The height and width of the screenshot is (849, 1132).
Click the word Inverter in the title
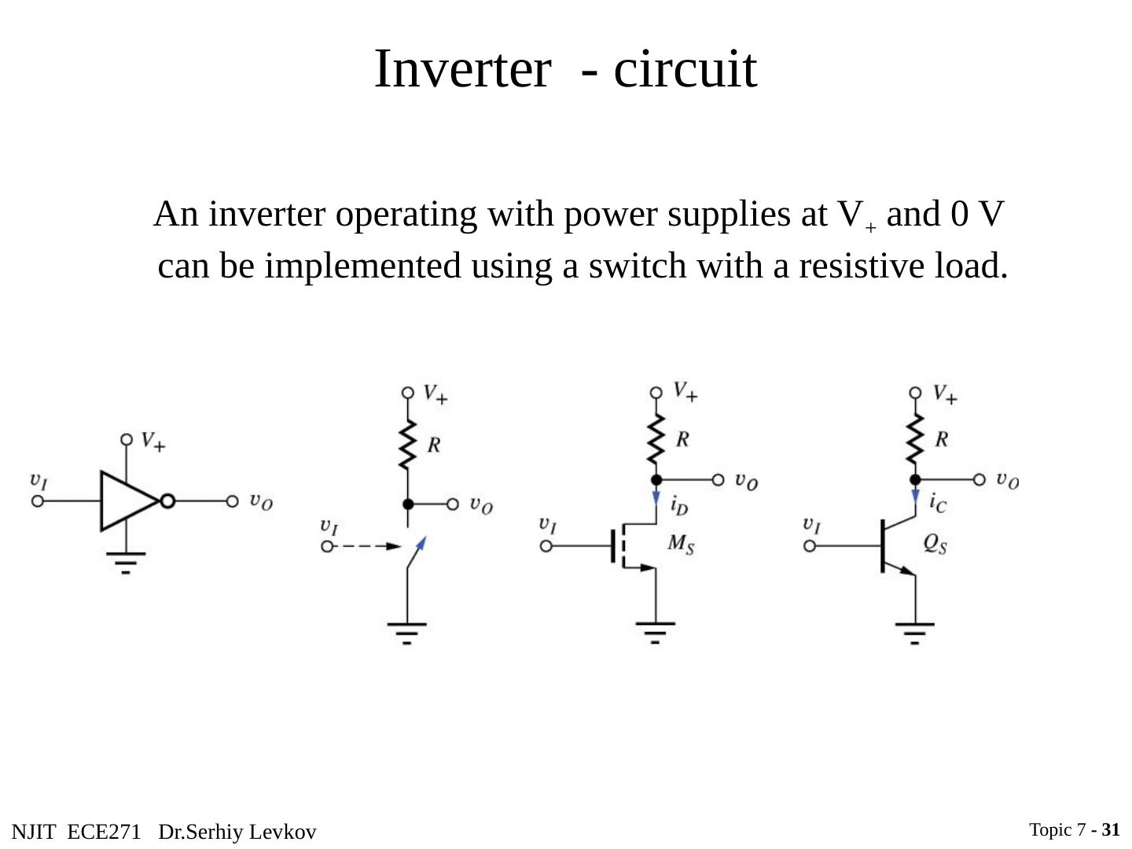[x=462, y=69]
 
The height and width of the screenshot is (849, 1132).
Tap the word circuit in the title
[x=685, y=69]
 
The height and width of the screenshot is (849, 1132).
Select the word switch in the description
[x=638, y=266]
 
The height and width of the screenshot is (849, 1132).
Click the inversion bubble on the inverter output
[x=167, y=501]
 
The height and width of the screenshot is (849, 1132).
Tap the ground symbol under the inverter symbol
[x=126, y=562]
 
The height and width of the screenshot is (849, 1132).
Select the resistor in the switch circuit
[x=407, y=444]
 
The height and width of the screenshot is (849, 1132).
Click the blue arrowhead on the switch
[x=421, y=543]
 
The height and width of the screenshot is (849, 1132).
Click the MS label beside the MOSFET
[x=681, y=544]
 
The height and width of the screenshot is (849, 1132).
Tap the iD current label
[x=679, y=505]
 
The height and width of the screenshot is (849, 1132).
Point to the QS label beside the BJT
[x=935, y=543]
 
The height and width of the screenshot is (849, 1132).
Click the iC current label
[x=938, y=502]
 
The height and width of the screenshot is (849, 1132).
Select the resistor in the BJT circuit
[x=915, y=439]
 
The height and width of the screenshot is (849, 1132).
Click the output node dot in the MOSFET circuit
[x=656, y=480]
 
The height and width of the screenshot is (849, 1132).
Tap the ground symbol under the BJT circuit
[x=915, y=634]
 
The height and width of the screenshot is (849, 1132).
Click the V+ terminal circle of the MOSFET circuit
[x=656, y=393]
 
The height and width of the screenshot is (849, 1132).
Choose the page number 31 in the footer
[x=1111, y=829]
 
